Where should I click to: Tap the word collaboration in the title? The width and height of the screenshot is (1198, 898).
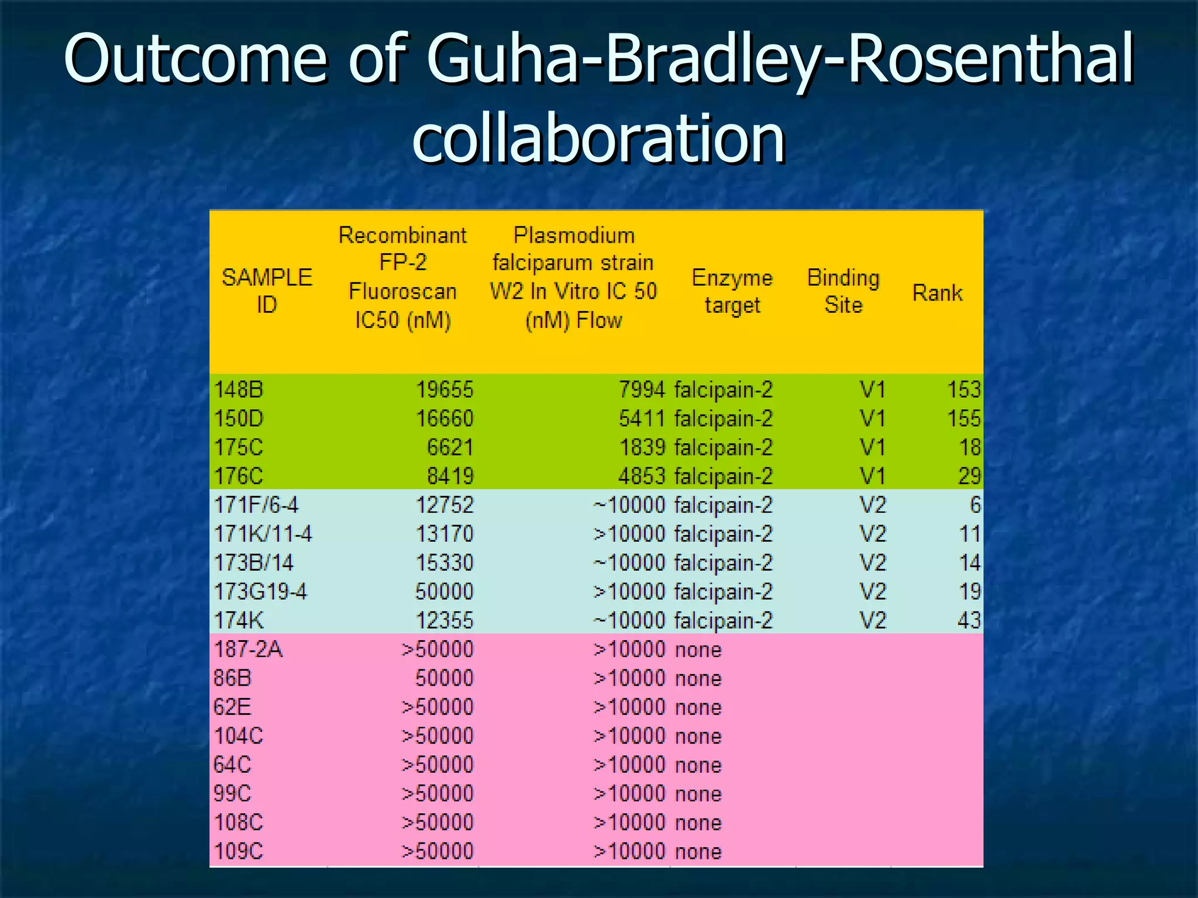[598, 139]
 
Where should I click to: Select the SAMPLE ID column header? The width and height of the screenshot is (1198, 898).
[267, 291]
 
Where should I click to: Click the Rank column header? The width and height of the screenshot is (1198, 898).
[937, 292]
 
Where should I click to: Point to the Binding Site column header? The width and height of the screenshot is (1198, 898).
[843, 291]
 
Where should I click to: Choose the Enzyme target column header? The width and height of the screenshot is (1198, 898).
[732, 291]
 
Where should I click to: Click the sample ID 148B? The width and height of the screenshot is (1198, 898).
[239, 389]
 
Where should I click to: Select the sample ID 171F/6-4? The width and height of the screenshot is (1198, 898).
[256, 505]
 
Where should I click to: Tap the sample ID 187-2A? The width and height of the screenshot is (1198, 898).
[248, 649]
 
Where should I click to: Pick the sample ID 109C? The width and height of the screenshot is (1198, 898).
[239, 851]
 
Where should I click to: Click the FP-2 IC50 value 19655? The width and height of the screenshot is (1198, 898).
[444, 389]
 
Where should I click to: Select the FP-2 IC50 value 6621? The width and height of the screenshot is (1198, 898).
[449, 447]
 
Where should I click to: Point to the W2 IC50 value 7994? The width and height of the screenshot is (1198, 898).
[642, 389]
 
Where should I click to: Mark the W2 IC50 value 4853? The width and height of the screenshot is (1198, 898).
[642, 476]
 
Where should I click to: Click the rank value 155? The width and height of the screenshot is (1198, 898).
[963, 418]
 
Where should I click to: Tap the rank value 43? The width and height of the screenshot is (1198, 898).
[969, 620]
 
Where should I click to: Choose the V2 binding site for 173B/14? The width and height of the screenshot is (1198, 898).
[872, 562]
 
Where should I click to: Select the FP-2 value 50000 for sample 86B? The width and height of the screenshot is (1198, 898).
[444, 678]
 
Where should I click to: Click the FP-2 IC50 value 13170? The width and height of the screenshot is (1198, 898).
[444, 533]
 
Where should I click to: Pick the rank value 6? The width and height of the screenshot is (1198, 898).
[975, 505]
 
